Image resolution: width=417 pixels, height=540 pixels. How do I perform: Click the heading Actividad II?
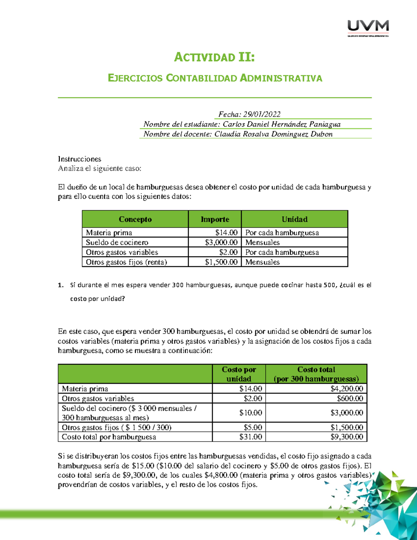click(x=214, y=57)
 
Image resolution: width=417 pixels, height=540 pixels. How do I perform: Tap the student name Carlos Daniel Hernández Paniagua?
click(x=281, y=124)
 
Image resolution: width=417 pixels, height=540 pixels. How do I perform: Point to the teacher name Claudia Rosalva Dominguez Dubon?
click(x=273, y=134)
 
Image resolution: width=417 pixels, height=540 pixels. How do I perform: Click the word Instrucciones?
click(x=80, y=159)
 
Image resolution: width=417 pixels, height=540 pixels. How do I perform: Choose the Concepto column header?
click(x=135, y=219)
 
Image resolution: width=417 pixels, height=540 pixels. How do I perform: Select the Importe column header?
click(x=215, y=219)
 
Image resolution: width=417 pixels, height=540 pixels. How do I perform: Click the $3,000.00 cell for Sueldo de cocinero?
click(x=221, y=242)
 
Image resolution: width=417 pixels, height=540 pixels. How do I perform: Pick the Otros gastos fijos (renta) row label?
click(x=126, y=262)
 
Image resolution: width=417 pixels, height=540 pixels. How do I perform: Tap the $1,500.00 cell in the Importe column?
click(x=221, y=262)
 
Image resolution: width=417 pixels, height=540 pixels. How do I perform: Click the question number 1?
click(x=61, y=285)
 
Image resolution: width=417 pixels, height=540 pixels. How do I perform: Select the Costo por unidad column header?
click(x=239, y=374)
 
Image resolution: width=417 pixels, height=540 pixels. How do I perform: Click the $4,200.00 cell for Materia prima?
click(x=346, y=388)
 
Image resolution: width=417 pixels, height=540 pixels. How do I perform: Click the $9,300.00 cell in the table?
click(x=346, y=437)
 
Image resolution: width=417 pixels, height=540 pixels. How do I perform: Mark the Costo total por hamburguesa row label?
click(x=109, y=437)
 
